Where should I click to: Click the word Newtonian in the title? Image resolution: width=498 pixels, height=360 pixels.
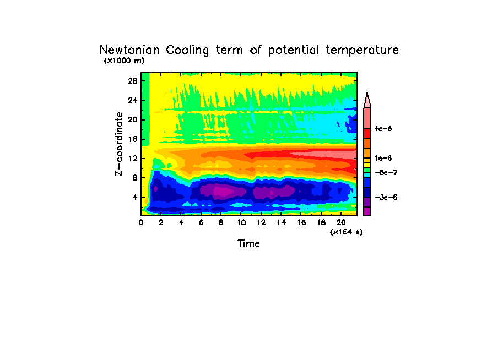click(x=129, y=50)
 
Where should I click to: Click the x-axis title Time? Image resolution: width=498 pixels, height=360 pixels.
click(x=248, y=243)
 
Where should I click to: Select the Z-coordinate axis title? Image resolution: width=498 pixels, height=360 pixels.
click(x=118, y=144)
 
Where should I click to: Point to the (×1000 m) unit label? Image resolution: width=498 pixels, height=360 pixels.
click(x=124, y=61)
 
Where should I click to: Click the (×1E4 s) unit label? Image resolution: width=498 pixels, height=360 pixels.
click(x=346, y=232)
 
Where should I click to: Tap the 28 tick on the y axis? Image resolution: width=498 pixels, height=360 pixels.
click(x=132, y=81)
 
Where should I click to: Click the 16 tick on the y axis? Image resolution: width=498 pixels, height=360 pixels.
click(x=132, y=139)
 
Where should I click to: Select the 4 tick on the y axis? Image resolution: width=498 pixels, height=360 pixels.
click(x=134, y=197)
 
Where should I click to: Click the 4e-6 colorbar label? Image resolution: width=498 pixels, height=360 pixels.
click(x=382, y=129)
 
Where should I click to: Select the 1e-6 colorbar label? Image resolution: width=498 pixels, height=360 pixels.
click(x=382, y=158)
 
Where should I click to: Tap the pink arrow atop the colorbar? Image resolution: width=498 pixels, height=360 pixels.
click(x=367, y=100)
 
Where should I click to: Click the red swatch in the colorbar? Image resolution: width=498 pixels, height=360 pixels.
click(x=367, y=133)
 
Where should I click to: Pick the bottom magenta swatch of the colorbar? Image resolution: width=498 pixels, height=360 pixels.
click(x=367, y=211)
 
